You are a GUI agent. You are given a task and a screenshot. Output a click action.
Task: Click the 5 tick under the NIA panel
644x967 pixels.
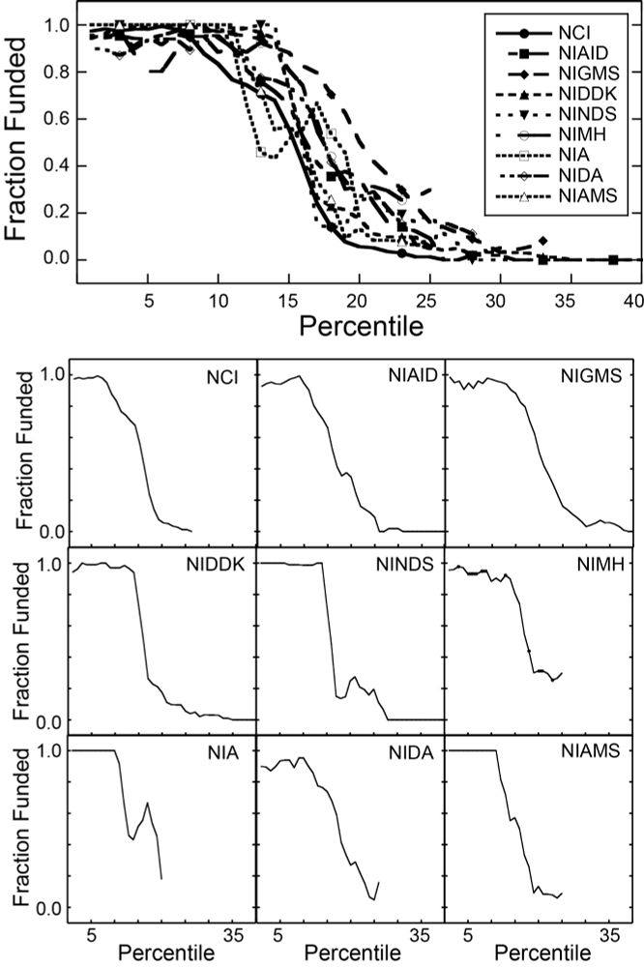tap(93, 934)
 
